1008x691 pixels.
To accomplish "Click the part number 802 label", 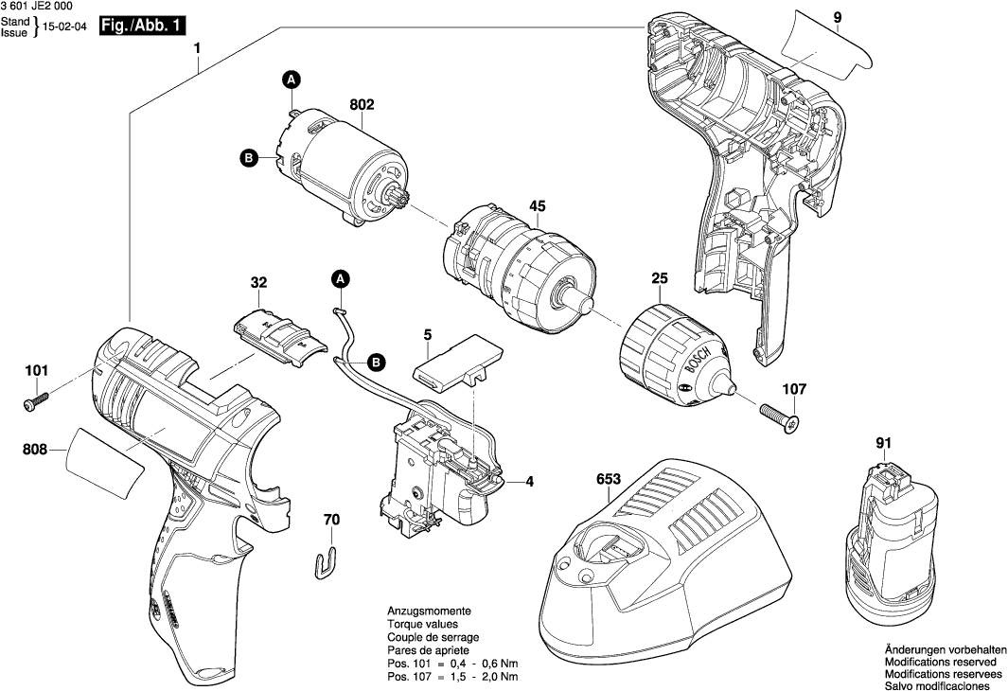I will (362, 106).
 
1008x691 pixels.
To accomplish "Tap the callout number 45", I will (537, 205).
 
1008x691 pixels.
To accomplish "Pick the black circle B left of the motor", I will (248, 159).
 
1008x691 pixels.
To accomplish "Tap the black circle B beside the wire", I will (376, 362).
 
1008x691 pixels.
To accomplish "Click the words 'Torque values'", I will (422, 625).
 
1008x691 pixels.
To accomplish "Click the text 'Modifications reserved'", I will (940, 662).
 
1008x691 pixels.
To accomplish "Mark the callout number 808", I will (34, 452).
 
